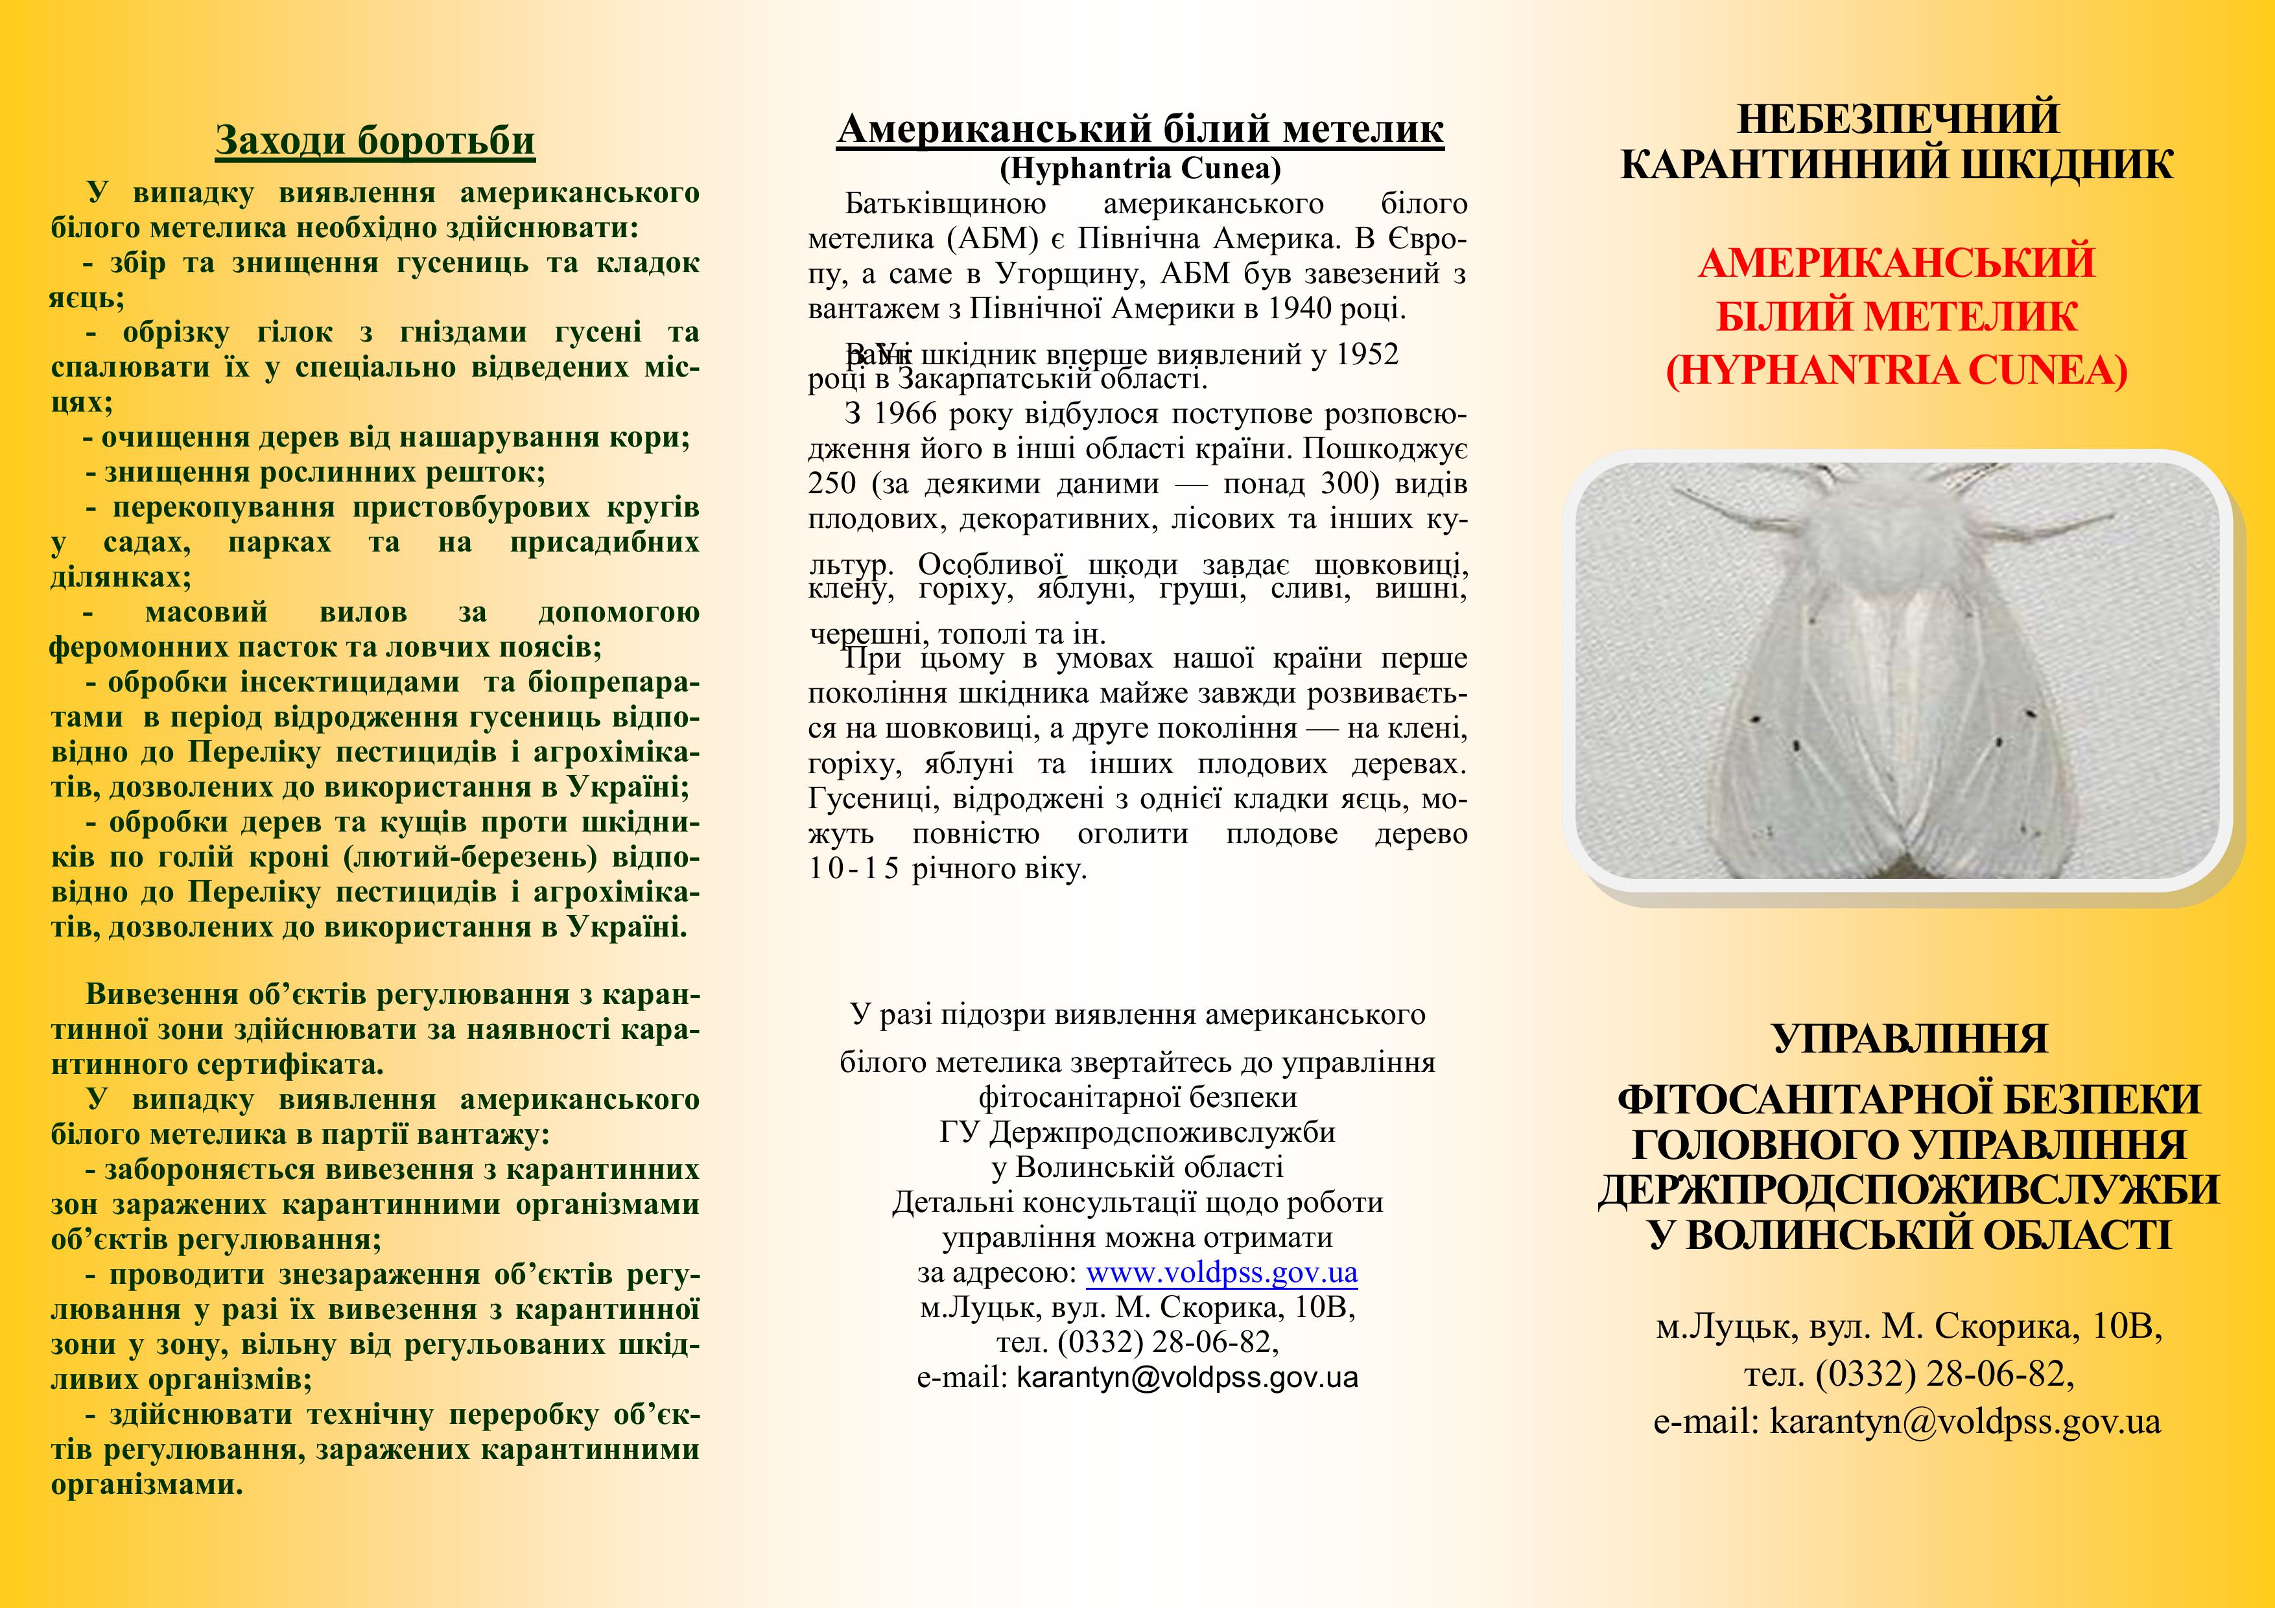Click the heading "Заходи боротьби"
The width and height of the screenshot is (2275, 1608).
tap(375, 141)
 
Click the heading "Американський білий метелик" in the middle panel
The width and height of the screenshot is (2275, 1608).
tap(1140, 129)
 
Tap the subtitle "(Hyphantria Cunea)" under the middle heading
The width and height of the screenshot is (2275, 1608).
tap(1140, 169)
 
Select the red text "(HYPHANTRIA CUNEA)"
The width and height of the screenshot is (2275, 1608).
tap(1896, 371)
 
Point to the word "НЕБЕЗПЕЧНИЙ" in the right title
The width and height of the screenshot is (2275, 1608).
tap(1896, 119)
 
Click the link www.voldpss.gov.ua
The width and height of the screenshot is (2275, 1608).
tap(1221, 1272)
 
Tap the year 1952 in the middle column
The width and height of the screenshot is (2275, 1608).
tap(1367, 355)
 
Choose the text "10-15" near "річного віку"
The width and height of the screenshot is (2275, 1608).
tap(853, 870)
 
